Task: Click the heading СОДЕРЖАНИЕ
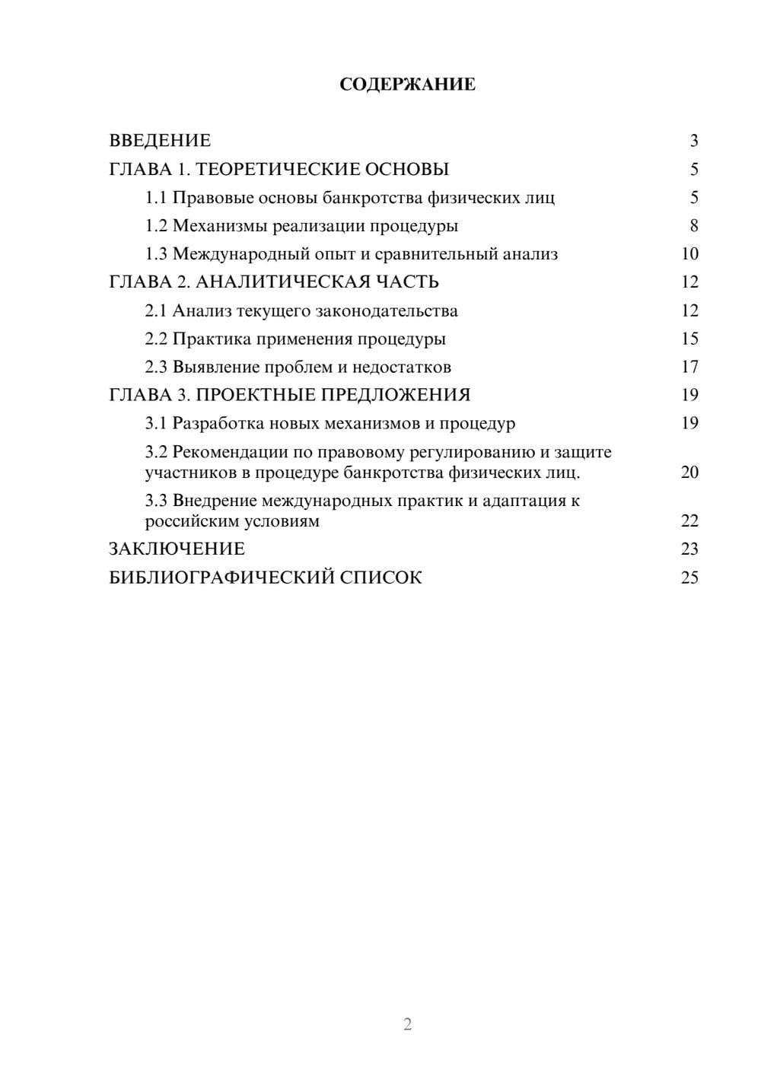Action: [x=407, y=84]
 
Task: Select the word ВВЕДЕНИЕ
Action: [x=160, y=141]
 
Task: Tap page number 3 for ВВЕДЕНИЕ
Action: [x=693, y=141]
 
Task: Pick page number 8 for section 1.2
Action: [x=693, y=226]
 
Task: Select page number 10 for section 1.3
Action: [x=689, y=254]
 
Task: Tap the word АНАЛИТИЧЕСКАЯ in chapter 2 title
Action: [x=282, y=282]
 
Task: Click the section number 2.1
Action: [x=156, y=310]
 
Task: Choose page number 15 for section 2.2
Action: [x=689, y=339]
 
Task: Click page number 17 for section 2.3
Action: [x=689, y=367]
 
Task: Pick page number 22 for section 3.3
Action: [x=689, y=521]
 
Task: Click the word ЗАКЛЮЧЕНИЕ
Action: [x=177, y=549]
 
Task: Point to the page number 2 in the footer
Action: [x=407, y=1024]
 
